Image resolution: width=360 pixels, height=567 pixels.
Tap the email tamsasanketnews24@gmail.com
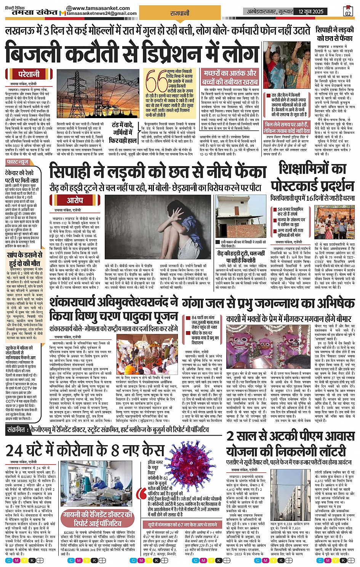101,13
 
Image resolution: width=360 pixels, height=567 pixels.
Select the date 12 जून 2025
311,11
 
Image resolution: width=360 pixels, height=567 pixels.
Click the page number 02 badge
347,11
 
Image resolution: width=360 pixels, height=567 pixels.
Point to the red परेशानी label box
29,74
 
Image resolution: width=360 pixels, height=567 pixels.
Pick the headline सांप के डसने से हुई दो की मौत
25,259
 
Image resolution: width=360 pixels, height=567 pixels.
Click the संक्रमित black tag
17,429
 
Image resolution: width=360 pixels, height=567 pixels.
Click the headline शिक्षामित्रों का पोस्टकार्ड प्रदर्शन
312,177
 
